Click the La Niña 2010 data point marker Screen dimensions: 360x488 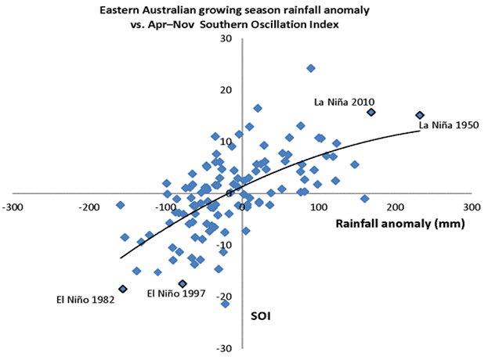[371, 112]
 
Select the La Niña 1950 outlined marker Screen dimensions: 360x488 [419, 116]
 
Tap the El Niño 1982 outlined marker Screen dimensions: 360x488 [122, 289]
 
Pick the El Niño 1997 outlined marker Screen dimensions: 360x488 [183, 283]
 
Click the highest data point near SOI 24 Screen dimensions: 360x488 [311, 68]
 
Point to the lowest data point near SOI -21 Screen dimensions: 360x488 [226, 304]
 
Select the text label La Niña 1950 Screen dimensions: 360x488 [449, 124]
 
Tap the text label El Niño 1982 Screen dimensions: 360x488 [85, 299]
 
